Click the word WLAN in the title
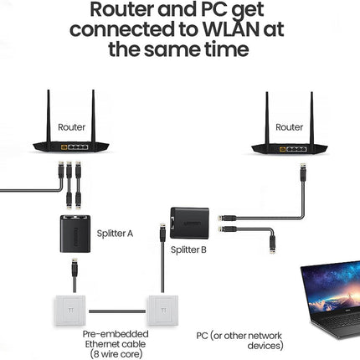pyautogui.click(x=229, y=28)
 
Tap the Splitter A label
pyautogui.click(x=115, y=234)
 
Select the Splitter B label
pyautogui.click(x=188, y=249)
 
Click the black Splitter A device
pyautogui.click(x=75, y=234)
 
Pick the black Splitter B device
pyautogui.click(x=189, y=223)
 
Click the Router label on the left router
pyautogui.click(x=71, y=127)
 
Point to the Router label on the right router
pyautogui.click(x=289, y=127)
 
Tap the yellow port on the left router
pyautogui.click(x=64, y=147)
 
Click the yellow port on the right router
pyautogui.click(x=282, y=149)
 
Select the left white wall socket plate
pyautogui.click(x=70, y=311)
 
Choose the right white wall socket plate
pyautogui.click(x=162, y=311)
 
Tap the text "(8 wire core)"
pyautogui.click(x=116, y=354)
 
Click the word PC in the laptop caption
pyautogui.click(x=202, y=336)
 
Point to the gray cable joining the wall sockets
pyautogui.click(x=117, y=311)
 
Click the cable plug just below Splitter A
pyautogui.click(x=75, y=269)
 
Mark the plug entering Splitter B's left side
pyautogui.click(x=162, y=233)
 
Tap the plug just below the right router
pyautogui.click(x=302, y=172)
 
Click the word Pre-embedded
pyautogui.click(x=116, y=334)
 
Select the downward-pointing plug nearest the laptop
pyautogui.click(x=272, y=244)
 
